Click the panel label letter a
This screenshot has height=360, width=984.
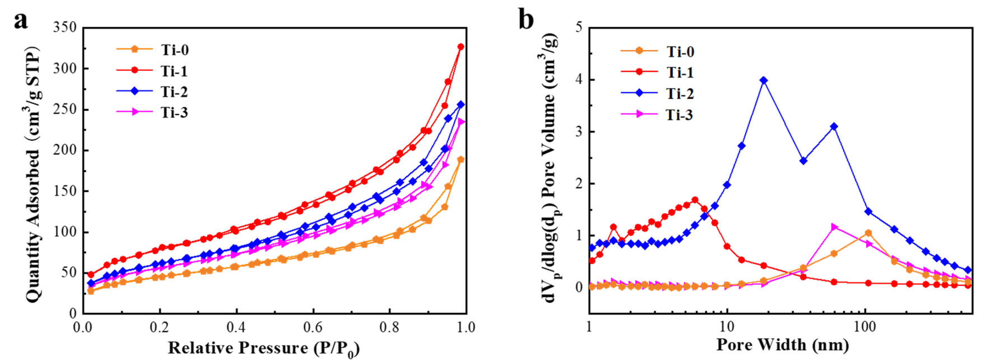pos(21,21)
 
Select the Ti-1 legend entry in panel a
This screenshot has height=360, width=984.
pos(174,71)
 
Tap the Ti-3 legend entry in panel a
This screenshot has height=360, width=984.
pos(174,113)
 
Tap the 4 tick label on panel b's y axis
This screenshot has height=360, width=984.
pos(580,80)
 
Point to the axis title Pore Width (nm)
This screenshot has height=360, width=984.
pos(782,345)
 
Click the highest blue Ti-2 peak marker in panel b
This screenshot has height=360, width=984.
pos(763,80)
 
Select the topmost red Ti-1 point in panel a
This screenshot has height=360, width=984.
pos(461,47)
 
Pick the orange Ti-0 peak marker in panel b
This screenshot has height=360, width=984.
pos(868,233)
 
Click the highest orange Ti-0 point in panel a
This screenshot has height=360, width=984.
pos(461,159)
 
